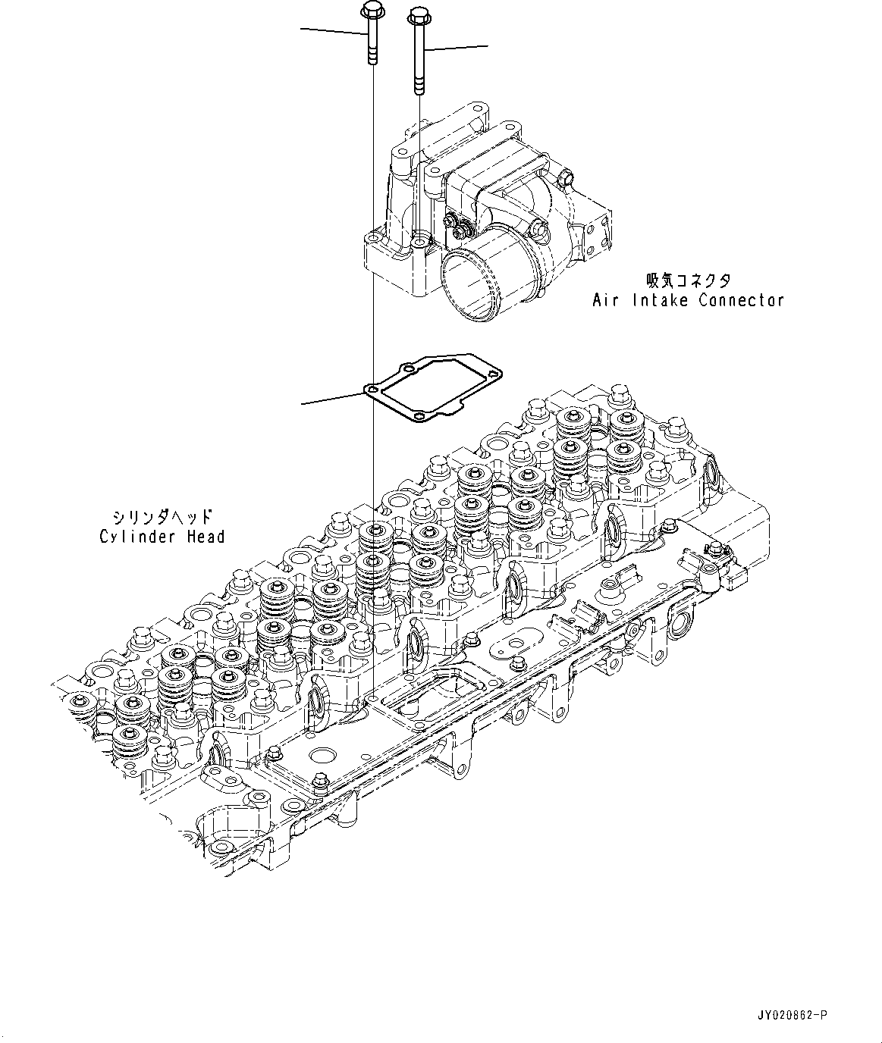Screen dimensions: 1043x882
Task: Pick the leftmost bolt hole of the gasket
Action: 372,389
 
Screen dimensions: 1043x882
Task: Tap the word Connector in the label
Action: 741,300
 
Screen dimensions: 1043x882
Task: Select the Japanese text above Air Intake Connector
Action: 688,281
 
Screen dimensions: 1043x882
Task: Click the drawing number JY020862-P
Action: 790,1015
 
